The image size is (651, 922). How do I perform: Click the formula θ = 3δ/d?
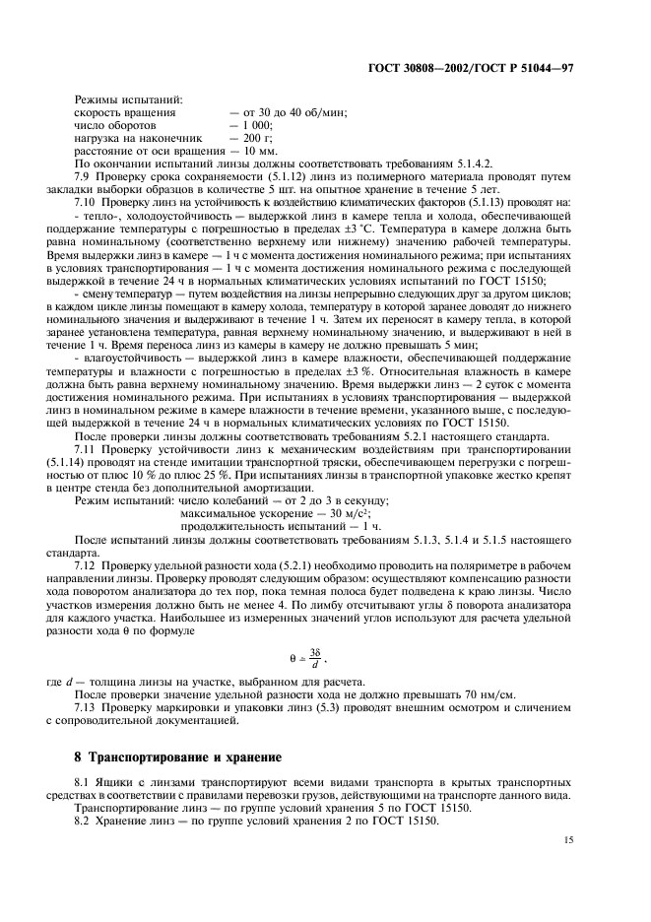[325, 658]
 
